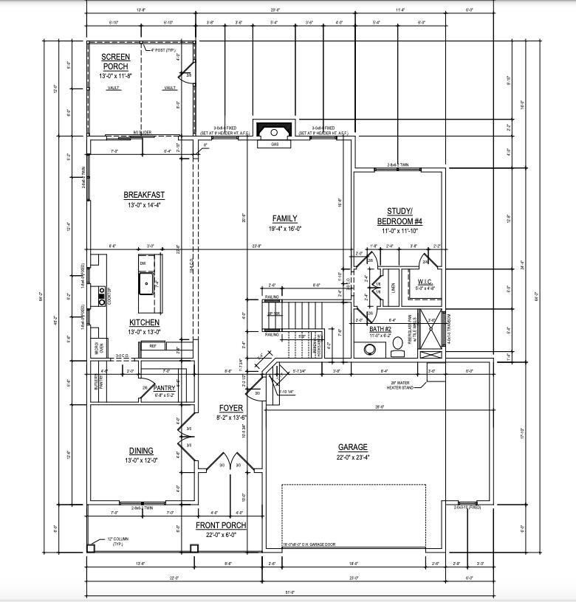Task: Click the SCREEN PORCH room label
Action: click(115, 62)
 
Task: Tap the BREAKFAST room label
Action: click(144, 196)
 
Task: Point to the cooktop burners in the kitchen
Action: click(102, 296)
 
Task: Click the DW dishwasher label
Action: click(143, 263)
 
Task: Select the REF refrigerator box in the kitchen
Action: click(153, 345)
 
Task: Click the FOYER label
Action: click(230, 408)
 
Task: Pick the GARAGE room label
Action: click(352, 447)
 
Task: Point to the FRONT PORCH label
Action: click(221, 525)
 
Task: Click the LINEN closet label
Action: click(392, 286)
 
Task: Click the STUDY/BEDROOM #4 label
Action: click(400, 216)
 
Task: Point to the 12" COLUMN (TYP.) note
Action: click(117, 541)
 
